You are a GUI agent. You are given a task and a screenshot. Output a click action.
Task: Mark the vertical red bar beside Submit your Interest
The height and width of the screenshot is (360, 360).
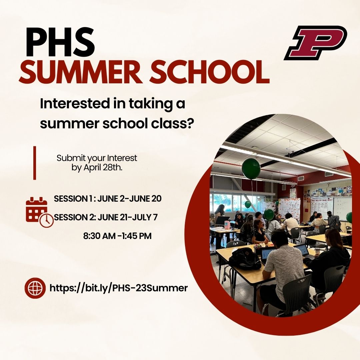(34, 163)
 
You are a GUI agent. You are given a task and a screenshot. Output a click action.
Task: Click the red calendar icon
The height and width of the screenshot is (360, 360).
(36, 209)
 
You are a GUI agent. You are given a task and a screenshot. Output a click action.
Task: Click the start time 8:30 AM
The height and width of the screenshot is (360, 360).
(99, 236)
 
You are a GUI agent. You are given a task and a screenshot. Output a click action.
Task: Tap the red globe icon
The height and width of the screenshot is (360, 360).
(35, 288)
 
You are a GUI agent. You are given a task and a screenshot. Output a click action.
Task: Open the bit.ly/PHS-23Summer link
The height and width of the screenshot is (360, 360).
(119, 288)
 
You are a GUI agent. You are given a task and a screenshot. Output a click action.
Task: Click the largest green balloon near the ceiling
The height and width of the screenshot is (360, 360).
(251, 168)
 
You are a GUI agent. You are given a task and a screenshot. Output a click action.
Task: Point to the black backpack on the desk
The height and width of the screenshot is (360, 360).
(245, 258)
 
